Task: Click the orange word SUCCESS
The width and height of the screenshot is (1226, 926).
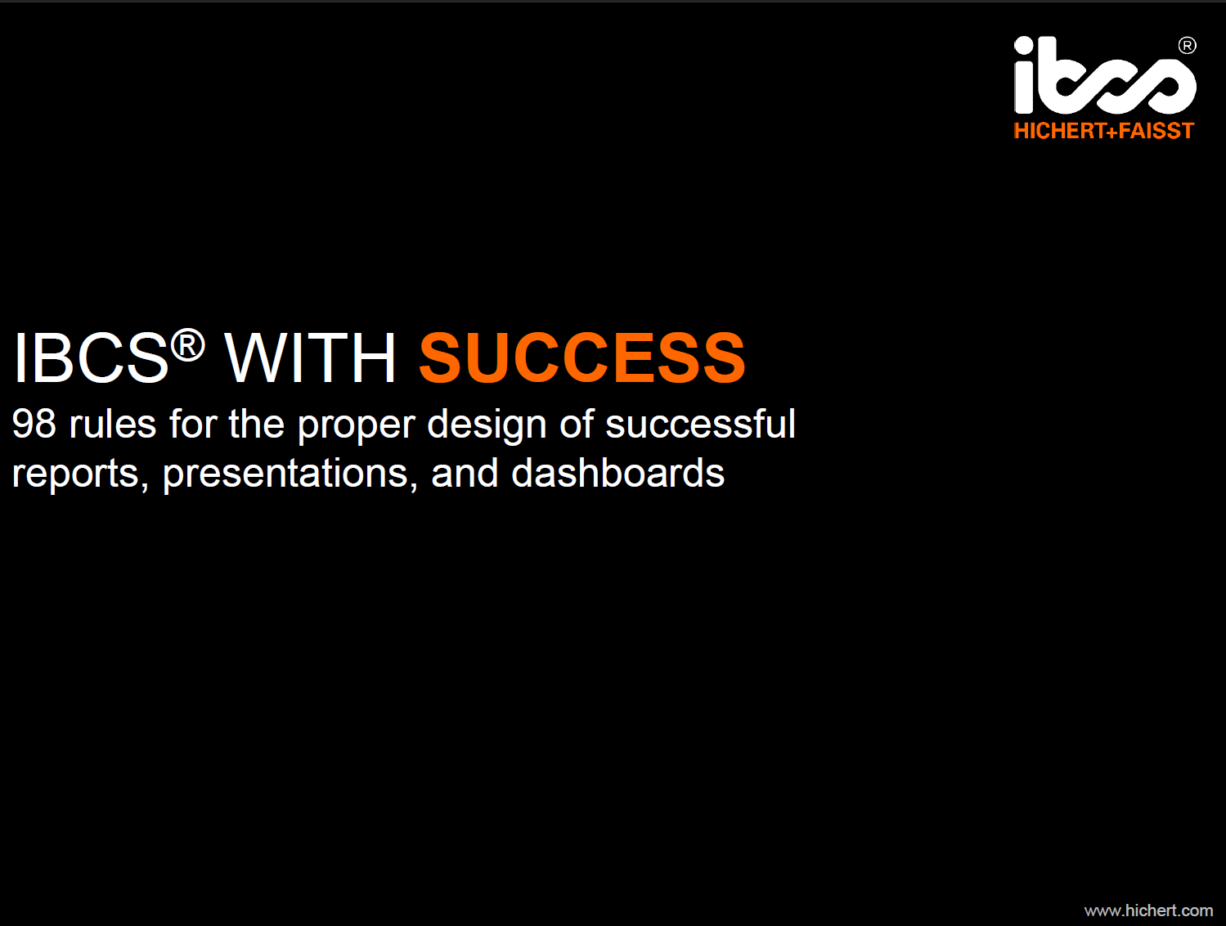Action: point(582,357)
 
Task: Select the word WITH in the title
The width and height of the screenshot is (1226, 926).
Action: point(310,357)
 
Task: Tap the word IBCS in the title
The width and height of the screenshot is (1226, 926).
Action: point(91,357)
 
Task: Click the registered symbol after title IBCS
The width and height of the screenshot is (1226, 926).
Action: point(187,345)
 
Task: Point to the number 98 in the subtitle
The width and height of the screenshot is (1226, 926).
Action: point(34,424)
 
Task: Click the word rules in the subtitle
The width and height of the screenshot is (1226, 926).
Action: point(113,424)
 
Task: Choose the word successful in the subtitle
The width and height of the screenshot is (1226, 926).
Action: point(700,424)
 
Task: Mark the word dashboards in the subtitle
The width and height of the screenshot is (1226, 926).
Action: point(617,473)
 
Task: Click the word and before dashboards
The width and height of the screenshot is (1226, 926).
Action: point(465,473)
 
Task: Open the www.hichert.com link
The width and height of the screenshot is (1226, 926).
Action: point(1148,911)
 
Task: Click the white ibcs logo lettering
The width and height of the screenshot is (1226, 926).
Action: point(1105,75)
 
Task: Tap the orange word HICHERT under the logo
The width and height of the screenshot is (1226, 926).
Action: point(1059,131)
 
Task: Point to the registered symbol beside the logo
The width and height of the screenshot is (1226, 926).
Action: point(1187,45)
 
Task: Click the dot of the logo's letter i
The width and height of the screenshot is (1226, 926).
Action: point(1023,45)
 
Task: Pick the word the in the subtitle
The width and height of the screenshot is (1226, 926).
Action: point(256,424)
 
